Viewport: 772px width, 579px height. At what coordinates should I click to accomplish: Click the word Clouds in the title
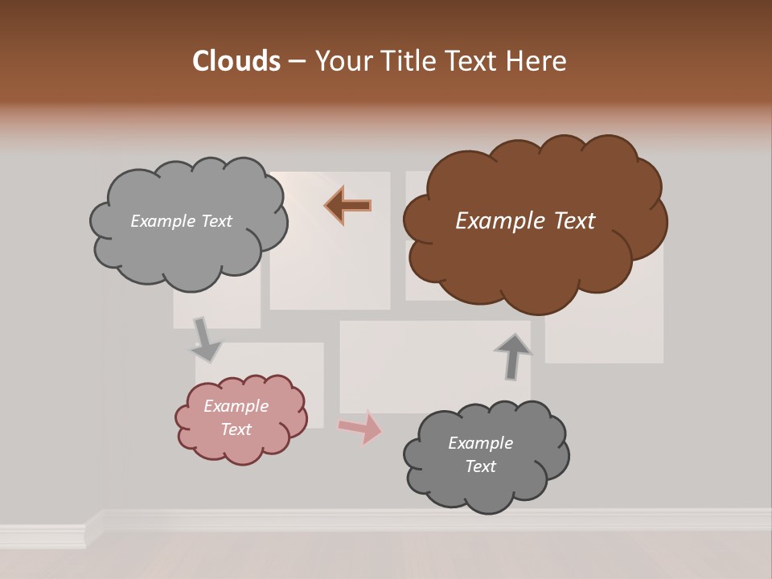(236, 61)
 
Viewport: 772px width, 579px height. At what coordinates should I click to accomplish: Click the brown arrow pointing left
(348, 205)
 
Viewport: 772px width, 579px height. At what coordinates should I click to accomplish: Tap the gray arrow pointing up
(512, 356)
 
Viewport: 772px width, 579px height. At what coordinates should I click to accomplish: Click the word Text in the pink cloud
(236, 429)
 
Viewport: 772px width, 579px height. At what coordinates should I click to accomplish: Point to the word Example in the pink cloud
(236, 406)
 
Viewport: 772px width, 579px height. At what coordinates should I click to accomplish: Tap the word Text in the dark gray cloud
(481, 466)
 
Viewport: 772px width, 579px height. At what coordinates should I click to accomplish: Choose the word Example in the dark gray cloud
(481, 443)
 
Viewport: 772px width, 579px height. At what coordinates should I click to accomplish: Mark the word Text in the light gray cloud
(216, 221)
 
